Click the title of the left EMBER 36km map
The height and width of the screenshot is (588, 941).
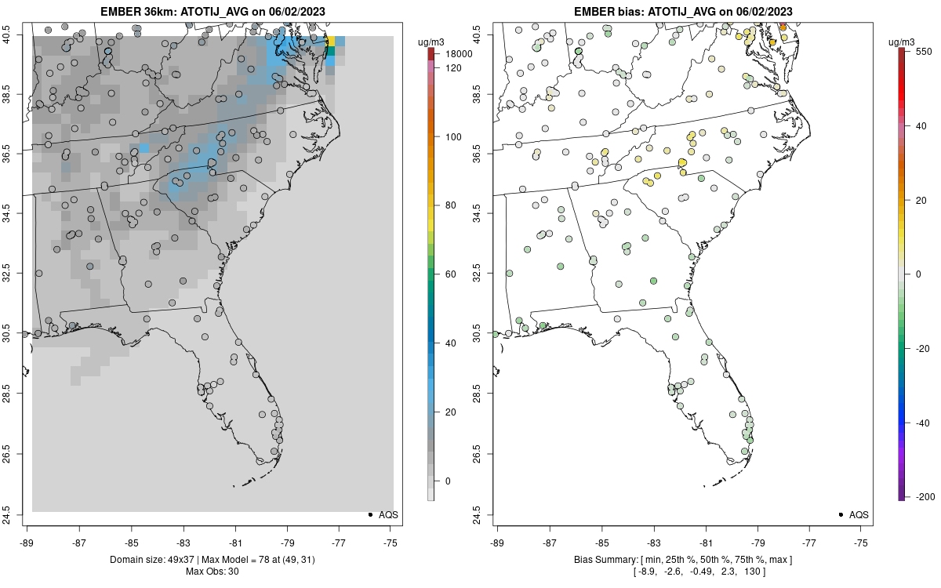coord(212,11)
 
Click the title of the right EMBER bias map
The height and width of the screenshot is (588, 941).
coord(682,11)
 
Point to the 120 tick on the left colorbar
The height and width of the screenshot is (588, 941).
coord(453,68)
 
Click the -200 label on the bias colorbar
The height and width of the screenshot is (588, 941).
coord(926,496)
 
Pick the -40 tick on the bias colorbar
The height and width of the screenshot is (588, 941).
coord(923,423)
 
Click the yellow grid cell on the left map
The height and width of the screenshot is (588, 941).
coord(331,41)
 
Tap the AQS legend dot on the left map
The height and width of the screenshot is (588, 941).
coord(369,514)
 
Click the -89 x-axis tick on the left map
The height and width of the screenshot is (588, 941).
coord(27,542)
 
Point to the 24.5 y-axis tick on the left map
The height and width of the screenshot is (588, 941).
coord(15,514)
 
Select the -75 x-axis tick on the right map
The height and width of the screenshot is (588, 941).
coord(862,542)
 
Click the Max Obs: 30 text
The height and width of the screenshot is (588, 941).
coord(212,571)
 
